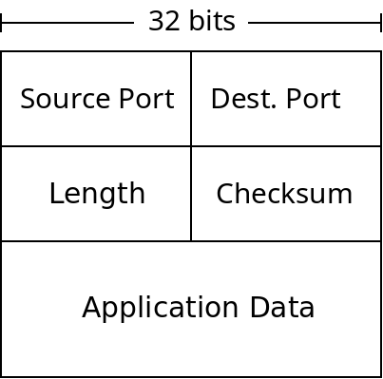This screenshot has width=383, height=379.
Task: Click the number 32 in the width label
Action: [163, 21]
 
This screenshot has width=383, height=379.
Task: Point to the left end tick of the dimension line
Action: [2, 22]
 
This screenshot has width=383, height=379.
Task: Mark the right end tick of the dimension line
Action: [381, 22]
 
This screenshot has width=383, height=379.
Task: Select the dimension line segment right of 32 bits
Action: [314, 22]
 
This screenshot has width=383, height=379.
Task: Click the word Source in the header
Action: [58, 99]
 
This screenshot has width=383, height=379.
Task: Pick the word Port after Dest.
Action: [306, 99]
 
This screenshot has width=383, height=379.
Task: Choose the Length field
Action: [96, 194]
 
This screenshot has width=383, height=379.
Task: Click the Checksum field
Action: [284, 194]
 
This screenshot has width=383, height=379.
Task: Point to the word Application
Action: [161, 308]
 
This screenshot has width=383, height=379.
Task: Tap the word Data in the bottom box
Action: [281, 308]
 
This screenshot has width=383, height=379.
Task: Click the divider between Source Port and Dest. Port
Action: [191, 99]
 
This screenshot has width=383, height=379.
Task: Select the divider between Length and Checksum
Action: [191, 194]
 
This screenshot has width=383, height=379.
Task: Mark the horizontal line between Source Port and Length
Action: [96, 146]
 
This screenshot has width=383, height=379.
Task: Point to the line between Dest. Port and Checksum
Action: [286, 146]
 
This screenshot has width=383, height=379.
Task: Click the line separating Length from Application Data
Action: [96, 241]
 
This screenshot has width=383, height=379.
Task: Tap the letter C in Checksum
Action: [223, 194]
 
